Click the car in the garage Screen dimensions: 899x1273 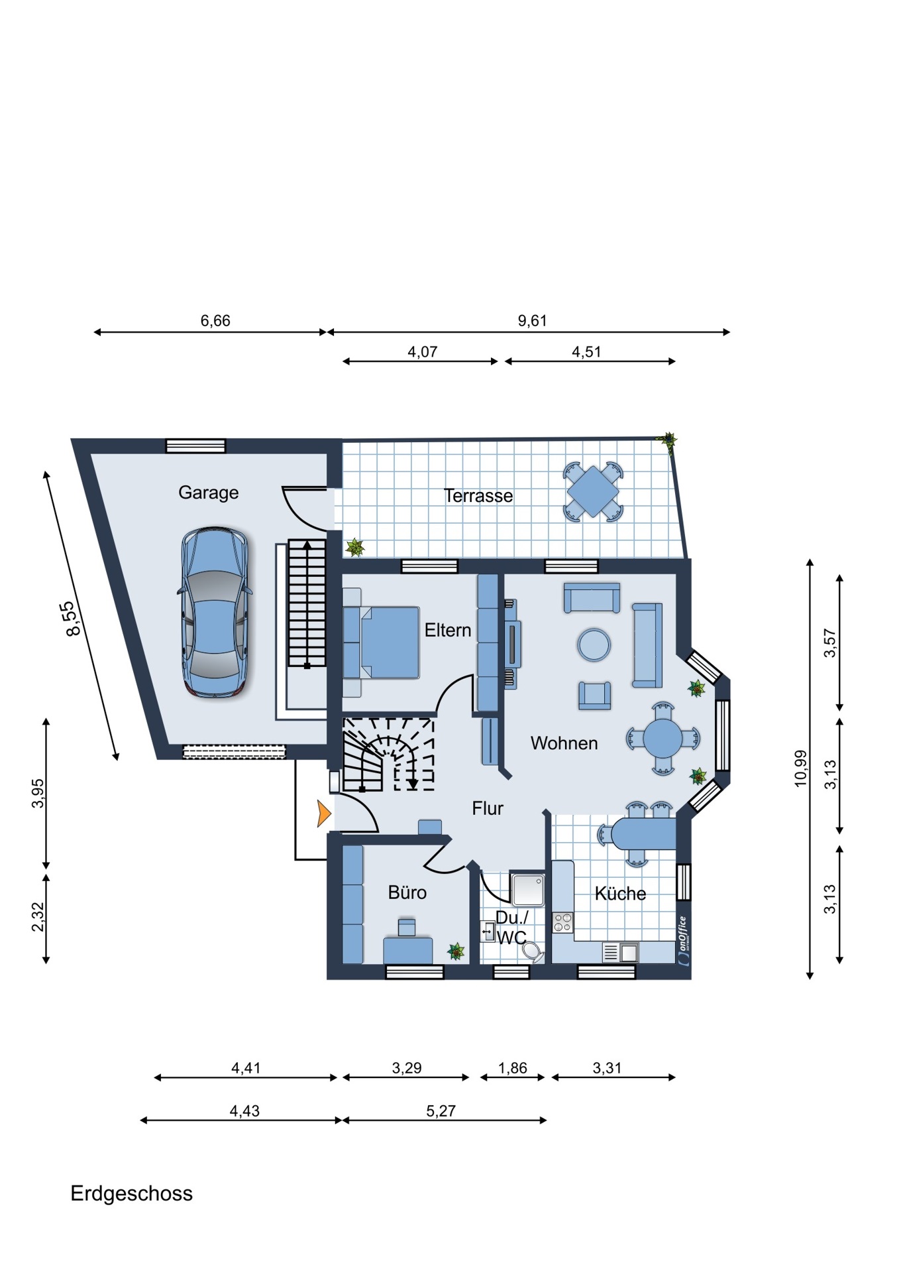pos(215,612)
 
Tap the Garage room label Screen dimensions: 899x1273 pos(208,493)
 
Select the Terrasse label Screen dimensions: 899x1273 pos(478,496)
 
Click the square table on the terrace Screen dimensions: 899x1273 pos(593,491)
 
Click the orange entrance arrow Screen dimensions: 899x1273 pos(324,814)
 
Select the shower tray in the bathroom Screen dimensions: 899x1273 pos(527,889)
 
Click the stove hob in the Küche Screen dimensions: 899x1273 pos(563,922)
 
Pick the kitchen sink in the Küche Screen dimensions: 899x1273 pos(621,953)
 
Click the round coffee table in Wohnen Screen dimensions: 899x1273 pos(594,644)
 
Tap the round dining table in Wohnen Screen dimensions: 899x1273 pos(662,738)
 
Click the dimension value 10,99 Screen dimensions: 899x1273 pos(801,768)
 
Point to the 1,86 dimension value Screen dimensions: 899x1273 pos(513,1068)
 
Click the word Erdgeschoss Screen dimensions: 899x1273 pos(132,1193)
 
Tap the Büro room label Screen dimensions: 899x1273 pos(407,892)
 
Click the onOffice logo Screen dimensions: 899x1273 pos(684,941)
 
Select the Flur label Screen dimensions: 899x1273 pos(488,808)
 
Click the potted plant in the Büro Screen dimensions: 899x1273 pos(456,952)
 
